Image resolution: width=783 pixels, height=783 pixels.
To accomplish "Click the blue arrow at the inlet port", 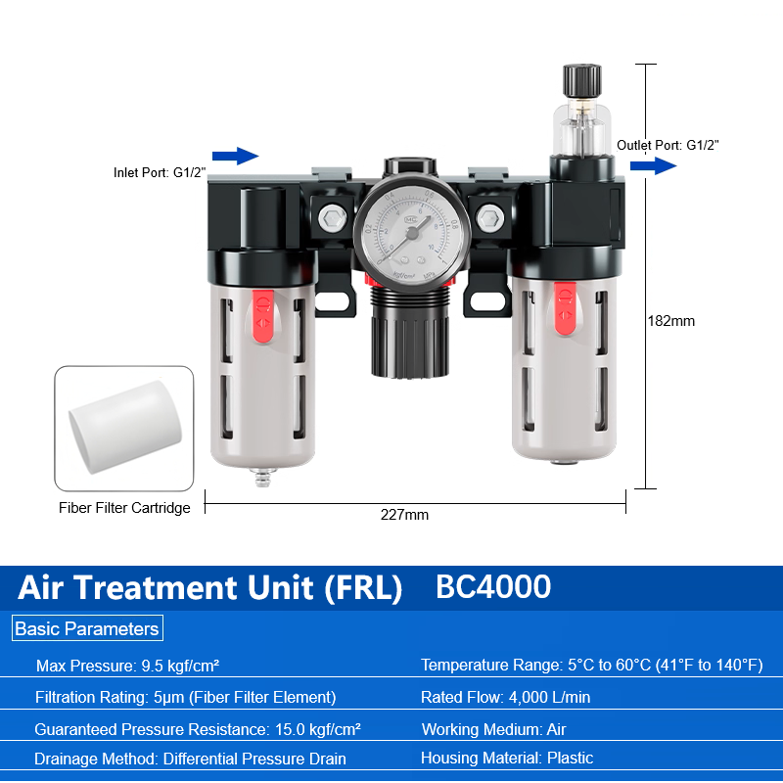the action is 235,156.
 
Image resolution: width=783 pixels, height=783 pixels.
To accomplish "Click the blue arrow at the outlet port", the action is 653,165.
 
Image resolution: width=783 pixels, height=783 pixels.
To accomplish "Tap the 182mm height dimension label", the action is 670,321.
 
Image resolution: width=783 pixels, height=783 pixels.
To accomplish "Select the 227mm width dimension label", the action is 404,515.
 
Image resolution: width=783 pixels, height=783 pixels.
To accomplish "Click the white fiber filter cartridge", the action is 125,427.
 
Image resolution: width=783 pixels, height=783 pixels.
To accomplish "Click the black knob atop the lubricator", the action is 581,80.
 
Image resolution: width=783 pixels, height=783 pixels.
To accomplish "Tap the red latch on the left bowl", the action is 262,316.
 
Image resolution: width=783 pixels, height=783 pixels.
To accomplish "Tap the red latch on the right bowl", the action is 565,308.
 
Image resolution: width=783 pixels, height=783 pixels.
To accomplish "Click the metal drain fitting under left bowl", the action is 262,477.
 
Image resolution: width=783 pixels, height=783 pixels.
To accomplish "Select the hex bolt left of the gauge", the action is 333,218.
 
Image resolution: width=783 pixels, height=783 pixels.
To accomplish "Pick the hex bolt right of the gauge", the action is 490,218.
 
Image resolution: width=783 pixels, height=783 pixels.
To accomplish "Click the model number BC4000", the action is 493,586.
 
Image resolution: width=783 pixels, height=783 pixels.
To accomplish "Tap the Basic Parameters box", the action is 87,628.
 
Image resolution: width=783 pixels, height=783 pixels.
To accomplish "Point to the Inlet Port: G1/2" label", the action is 160,173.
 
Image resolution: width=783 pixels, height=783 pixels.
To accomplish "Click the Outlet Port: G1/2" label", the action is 668,145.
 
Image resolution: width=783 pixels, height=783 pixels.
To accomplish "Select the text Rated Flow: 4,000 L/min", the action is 505,697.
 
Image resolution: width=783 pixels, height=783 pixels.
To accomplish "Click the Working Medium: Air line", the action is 494,729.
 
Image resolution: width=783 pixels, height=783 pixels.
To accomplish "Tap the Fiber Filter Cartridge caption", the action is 124,508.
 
